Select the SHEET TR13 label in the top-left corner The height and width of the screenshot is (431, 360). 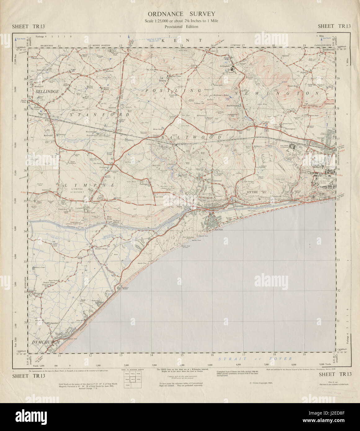pyautogui.click(x=28, y=26)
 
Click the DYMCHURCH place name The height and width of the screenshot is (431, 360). pyautogui.click(x=45, y=342)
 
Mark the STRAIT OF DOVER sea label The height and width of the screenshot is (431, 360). pyautogui.click(x=255, y=359)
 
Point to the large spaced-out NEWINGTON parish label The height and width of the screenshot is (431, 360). pyautogui.click(x=277, y=93)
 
